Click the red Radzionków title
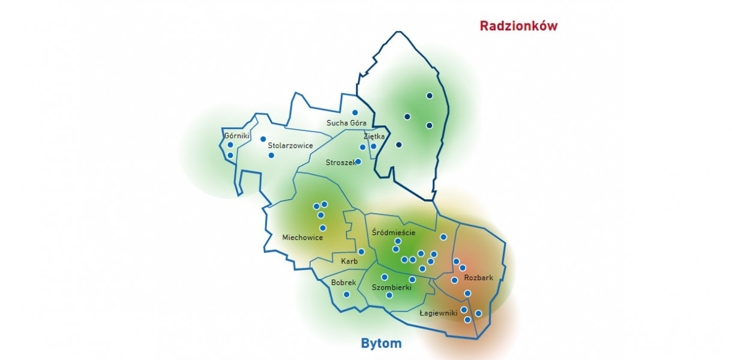pos(518,26)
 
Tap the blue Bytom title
pos(381,344)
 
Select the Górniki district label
pos(237,136)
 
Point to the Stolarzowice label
pos(290,145)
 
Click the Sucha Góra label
pos(346,123)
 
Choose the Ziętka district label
pos(374,136)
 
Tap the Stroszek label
pos(340,163)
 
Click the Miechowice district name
pos(302,237)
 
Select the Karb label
pos(349,261)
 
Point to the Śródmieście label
pos(394,232)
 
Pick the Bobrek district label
pos(344,282)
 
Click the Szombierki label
pos(391,287)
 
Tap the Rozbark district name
pos(479,278)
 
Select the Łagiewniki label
pos(438,313)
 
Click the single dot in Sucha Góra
pos(355,112)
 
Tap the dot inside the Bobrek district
pos(346,294)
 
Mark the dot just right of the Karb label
pos(361,251)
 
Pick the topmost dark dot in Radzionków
pos(430,95)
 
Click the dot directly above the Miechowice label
pos(323,227)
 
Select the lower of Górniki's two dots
pos(230,155)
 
